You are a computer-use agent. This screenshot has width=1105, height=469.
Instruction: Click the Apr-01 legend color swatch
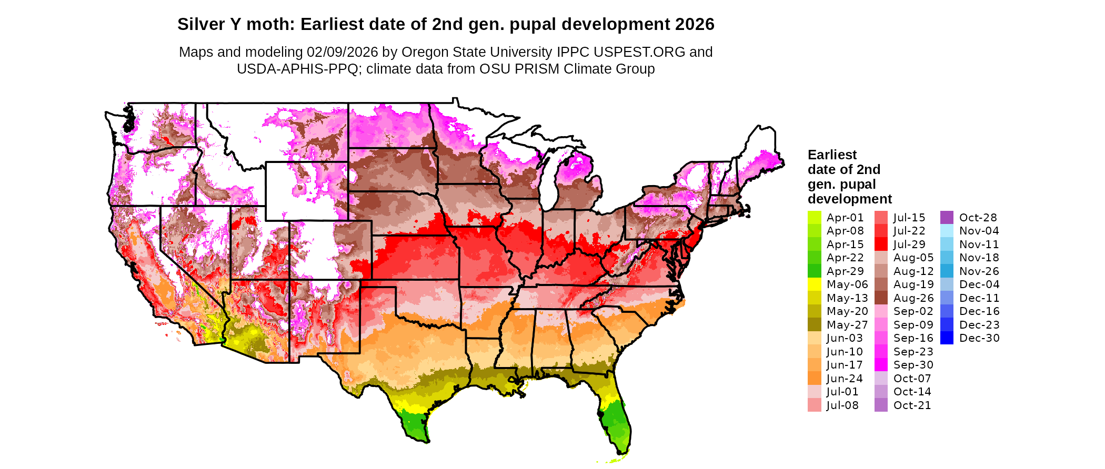pyautogui.click(x=814, y=218)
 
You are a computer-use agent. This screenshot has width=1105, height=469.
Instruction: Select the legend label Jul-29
pyautogui.click(x=909, y=244)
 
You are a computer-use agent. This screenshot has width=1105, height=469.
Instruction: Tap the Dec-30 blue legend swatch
pyautogui.click(x=947, y=338)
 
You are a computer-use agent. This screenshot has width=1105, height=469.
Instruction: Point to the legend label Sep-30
pyautogui.click(x=913, y=365)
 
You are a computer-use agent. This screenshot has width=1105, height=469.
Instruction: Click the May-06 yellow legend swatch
pyautogui.click(x=814, y=284)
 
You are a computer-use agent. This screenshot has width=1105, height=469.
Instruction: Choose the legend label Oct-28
pyautogui.click(x=978, y=218)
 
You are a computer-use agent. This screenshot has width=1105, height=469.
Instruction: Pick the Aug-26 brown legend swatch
pyautogui.click(x=881, y=298)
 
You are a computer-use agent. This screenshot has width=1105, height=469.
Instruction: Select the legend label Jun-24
pyautogui.click(x=845, y=379)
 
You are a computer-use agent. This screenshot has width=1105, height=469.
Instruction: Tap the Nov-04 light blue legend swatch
pyautogui.click(x=947, y=231)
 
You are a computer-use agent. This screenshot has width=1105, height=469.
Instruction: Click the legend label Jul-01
pyautogui.click(x=842, y=392)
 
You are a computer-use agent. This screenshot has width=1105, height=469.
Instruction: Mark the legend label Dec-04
pyautogui.click(x=979, y=284)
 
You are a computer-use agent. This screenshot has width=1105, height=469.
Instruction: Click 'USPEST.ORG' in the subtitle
pyautogui.click(x=639, y=52)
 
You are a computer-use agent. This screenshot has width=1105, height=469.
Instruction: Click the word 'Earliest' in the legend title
pyautogui.click(x=832, y=155)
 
